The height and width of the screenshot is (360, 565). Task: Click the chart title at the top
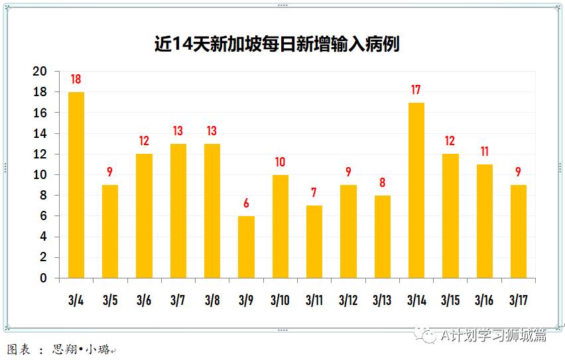(x=277, y=45)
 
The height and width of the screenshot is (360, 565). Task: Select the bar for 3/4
(x=76, y=185)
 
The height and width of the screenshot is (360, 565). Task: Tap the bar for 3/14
(x=416, y=190)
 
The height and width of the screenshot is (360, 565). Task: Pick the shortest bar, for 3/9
(x=246, y=247)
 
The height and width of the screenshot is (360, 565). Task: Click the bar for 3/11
(x=314, y=241)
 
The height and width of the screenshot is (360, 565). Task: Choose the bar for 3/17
(x=519, y=231)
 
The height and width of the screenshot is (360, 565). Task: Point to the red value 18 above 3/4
(x=76, y=80)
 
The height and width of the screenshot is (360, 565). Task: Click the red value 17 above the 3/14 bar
(x=416, y=90)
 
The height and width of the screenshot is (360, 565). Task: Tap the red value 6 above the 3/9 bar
(x=246, y=204)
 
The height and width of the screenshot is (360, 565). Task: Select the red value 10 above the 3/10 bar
(x=280, y=162)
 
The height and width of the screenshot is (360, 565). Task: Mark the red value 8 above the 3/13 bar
(x=382, y=183)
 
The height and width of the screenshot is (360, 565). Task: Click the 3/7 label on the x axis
(x=178, y=300)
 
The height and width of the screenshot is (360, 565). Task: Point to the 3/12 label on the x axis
(x=348, y=300)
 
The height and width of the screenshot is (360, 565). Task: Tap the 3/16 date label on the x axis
(x=484, y=300)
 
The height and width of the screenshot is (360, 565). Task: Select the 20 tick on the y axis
(x=41, y=72)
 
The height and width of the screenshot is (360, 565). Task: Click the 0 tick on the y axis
(x=44, y=278)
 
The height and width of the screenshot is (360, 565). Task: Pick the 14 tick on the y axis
(x=41, y=134)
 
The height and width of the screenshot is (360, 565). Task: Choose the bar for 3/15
(x=450, y=216)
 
